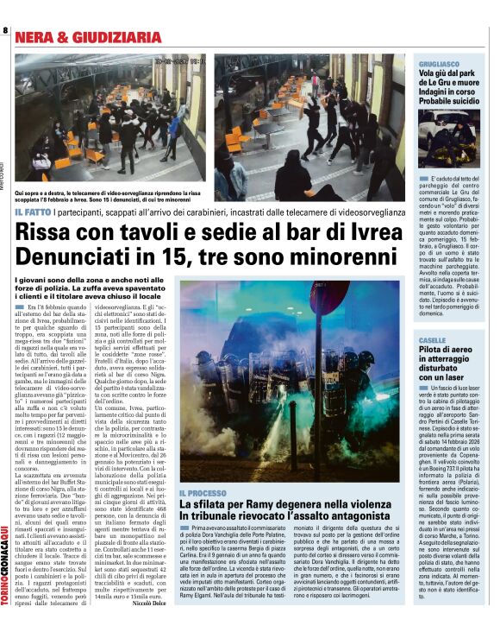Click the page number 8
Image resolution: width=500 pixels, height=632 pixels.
5,31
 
